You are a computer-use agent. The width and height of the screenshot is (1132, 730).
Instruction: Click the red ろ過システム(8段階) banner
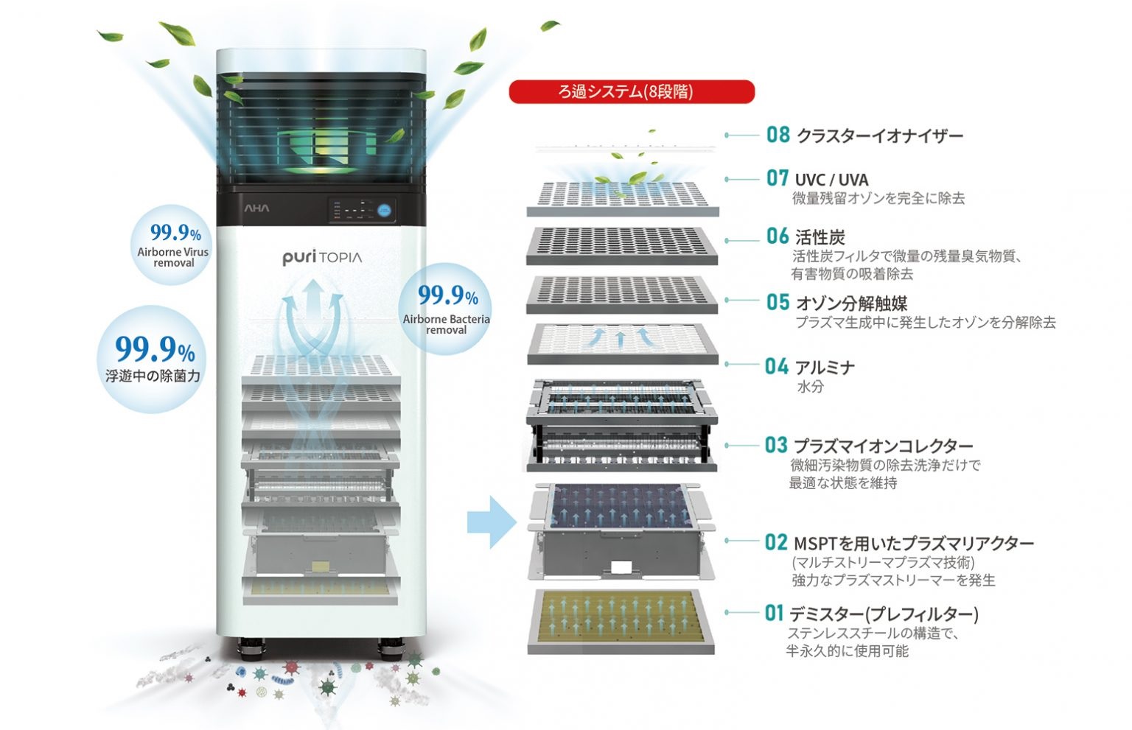(x=632, y=91)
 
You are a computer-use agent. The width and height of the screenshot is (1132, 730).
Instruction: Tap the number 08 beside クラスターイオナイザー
(x=778, y=135)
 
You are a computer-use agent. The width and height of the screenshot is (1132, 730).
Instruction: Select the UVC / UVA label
(x=832, y=180)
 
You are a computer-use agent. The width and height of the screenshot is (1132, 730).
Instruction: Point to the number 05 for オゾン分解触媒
(x=778, y=302)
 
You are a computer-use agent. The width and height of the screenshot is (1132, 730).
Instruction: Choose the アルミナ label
(x=825, y=368)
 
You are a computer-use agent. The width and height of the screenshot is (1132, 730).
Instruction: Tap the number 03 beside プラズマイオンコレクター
(x=776, y=445)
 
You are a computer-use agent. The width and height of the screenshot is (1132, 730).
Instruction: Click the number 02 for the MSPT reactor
(x=776, y=543)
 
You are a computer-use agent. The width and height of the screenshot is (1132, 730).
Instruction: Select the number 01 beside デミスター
(x=774, y=613)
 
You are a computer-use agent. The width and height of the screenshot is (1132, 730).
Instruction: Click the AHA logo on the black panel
(x=256, y=208)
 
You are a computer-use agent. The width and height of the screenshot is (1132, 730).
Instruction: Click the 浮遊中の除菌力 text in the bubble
(x=153, y=376)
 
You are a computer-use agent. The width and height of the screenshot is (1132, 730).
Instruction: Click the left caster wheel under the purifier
(x=251, y=648)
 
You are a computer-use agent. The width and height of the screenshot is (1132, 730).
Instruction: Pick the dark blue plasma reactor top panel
(x=621, y=505)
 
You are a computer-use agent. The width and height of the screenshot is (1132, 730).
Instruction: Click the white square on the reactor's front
(x=621, y=567)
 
